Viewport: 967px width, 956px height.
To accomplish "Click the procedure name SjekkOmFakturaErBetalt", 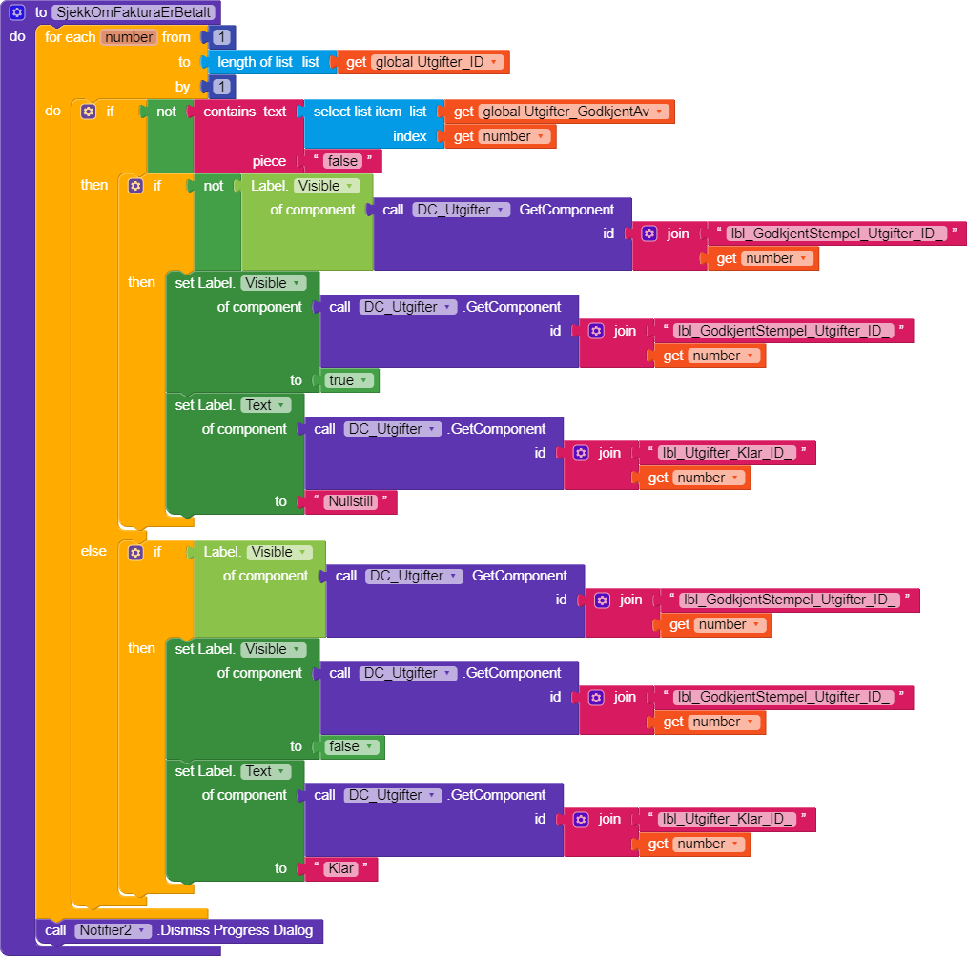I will click(x=133, y=12).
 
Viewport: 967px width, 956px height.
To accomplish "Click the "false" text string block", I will click(x=342, y=161).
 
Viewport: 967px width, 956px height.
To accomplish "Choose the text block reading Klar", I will click(x=340, y=868).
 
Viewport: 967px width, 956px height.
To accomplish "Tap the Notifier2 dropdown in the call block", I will click(x=113, y=930).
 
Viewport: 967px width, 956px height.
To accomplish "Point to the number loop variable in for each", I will click(x=129, y=37).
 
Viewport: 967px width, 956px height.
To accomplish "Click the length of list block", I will click(x=256, y=62).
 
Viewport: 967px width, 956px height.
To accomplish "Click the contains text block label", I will click(x=245, y=112).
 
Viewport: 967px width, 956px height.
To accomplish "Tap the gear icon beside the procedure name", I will click(x=16, y=12).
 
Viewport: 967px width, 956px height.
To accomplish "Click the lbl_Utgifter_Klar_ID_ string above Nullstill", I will click(x=727, y=453).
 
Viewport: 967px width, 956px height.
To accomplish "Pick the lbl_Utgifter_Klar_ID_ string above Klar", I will click(x=727, y=819).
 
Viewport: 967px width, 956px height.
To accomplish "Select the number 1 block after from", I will click(x=221, y=37).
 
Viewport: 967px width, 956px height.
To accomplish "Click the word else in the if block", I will click(x=93, y=551).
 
